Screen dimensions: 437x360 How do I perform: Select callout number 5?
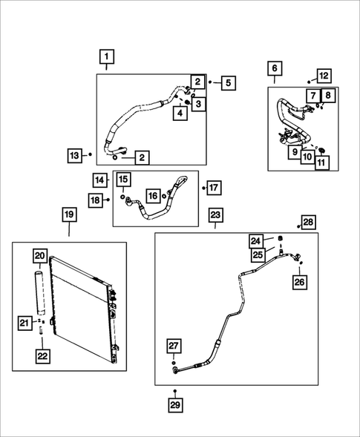226,83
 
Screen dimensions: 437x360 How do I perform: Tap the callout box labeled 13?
73,156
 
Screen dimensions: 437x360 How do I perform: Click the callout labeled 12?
323,76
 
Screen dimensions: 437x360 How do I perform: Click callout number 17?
214,188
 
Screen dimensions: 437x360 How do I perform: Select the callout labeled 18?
96,200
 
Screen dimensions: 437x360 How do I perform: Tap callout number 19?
68,214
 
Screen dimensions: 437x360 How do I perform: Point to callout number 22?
42,355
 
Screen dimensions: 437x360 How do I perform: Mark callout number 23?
215,215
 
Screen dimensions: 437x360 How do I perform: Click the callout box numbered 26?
299,282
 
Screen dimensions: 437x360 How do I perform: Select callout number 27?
174,346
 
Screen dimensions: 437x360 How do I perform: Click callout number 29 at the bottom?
174,405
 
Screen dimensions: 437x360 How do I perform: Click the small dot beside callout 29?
174,390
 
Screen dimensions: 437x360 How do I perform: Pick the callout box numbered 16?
153,196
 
